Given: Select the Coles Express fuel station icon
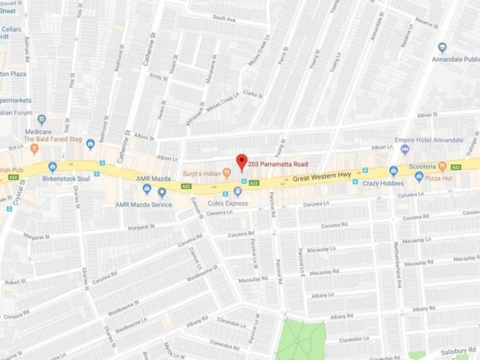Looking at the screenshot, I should coord(238,192).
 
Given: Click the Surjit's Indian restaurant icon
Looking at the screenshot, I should coord(226,173).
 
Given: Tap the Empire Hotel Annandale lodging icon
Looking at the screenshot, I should coord(405,149).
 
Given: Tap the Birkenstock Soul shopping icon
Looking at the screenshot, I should coord(52,167).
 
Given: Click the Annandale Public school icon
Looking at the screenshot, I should coord(442,47).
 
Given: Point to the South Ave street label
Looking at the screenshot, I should coord(224,19).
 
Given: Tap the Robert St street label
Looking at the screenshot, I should coord(15,281).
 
